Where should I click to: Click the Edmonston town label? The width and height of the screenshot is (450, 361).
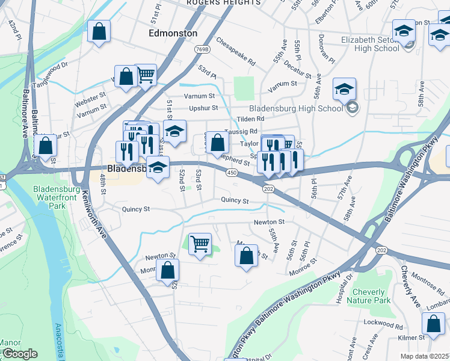[x=173, y=33]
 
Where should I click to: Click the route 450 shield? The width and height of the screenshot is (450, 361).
[x=232, y=173]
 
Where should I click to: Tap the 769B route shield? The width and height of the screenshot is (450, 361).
[x=202, y=49]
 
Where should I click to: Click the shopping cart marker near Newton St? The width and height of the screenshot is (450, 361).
[x=200, y=244]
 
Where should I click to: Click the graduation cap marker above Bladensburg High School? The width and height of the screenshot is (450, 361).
[x=345, y=89]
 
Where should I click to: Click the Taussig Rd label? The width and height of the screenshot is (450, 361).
[x=241, y=131]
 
